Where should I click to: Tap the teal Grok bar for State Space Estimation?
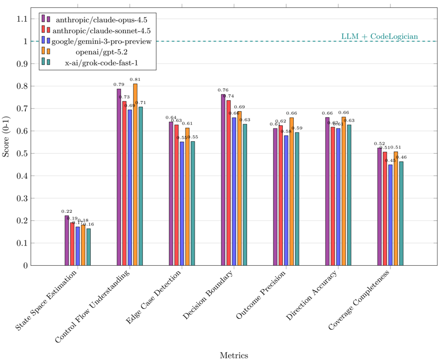(x=88, y=247)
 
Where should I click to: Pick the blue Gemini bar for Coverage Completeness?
(x=390, y=215)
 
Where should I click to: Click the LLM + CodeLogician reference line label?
(x=379, y=37)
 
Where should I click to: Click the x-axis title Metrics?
(x=234, y=355)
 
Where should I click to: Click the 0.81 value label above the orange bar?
(x=135, y=79)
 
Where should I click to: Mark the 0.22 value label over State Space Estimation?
(x=66, y=212)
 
